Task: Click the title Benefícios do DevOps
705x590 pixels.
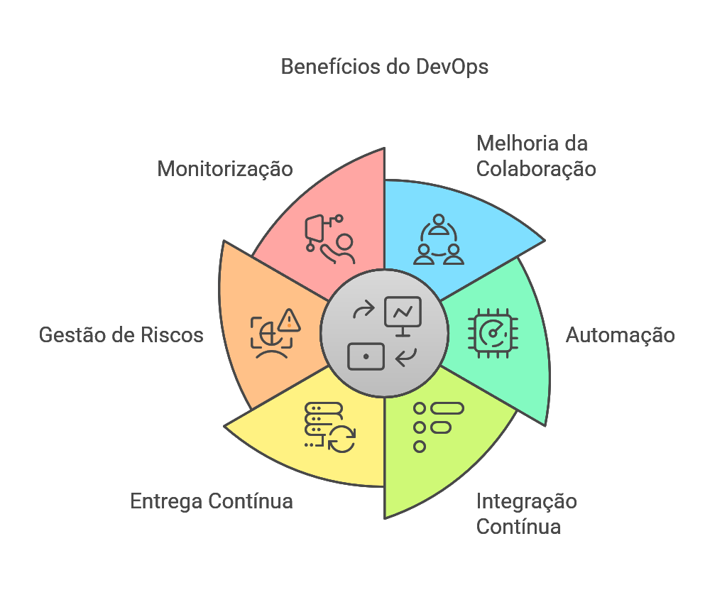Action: click(x=384, y=67)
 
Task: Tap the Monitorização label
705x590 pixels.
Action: click(x=225, y=169)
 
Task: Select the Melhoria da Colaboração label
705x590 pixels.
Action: click(x=535, y=156)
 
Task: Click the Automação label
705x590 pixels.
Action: click(x=620, y=335)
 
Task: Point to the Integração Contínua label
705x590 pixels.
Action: click(x=526, y=514)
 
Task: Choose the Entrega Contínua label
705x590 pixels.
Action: click(x=212, y=501)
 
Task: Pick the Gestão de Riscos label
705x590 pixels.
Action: click(x=121, y=335)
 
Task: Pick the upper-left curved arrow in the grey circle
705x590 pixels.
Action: click(x=363, y=310)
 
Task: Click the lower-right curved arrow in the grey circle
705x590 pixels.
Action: click(x=406, y=357)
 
